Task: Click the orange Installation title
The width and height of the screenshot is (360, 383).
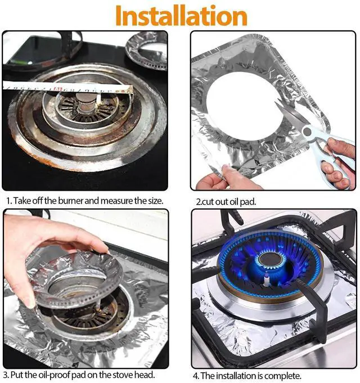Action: coord(181,15)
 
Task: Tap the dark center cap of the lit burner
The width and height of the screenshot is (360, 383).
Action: coord(271,259)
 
